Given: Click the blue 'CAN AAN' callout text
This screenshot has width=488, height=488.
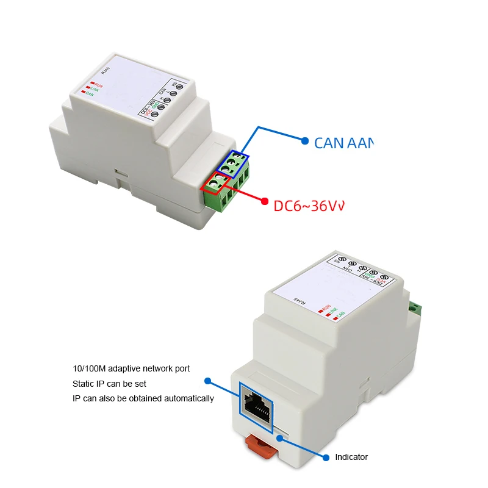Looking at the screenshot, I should [x=342, y=143].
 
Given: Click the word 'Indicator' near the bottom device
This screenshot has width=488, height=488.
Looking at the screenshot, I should [x=352, y=457].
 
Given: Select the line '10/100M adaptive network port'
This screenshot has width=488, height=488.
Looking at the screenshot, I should [x=131, y=368].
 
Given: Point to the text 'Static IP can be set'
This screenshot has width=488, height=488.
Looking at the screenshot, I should [x=109, y=384].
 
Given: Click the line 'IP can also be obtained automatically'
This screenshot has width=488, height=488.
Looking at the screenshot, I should [x=143, y=398].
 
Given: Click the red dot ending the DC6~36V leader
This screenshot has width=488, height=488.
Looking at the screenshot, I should [x=264, y=201].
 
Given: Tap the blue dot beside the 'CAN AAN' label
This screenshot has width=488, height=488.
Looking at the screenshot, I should [x=305, y=140].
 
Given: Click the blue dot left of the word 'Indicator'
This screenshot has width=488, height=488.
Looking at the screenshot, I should [x=324, y=456].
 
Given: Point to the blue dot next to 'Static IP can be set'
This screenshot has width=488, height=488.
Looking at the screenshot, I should [x=207, y=381].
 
